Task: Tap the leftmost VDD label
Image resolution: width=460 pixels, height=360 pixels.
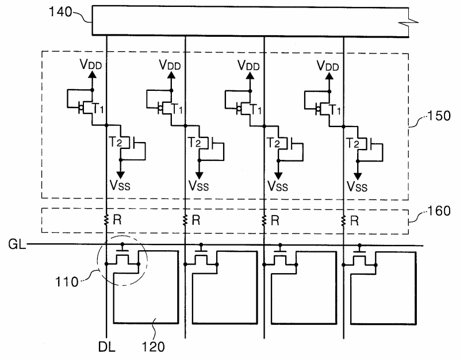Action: [93, 66]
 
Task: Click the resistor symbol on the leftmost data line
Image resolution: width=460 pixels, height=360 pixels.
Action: [107, 220]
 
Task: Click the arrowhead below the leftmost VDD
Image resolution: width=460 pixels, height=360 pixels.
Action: [93, 76]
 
